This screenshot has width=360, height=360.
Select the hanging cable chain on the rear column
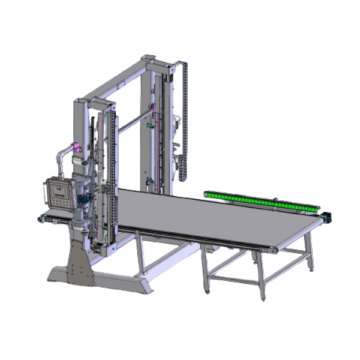[183, 120]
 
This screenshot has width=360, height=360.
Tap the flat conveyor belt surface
[210, 216]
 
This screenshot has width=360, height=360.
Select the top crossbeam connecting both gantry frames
[114, 81]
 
